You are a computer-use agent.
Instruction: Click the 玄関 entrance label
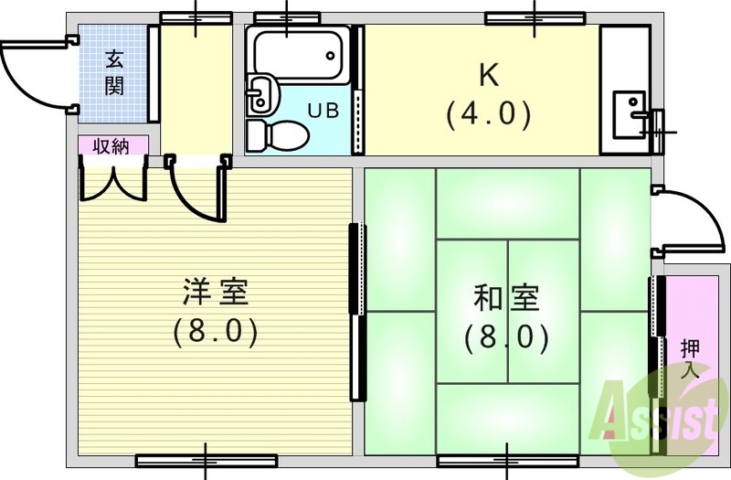tap(114, 73)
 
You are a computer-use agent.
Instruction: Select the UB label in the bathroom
tap(322, 112)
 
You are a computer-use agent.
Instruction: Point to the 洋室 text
tap(216, 294)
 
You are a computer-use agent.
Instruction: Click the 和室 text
tap(506, 299)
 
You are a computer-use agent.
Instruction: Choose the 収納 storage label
tap(110, 146)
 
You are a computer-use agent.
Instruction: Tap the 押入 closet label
tap(690, 358)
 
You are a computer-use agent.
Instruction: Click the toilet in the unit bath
tap(279, 134)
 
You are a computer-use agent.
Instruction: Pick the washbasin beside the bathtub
tap(260, 92)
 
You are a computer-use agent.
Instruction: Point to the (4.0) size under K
tap(488, 113)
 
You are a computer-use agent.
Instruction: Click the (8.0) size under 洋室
tap(216, 331)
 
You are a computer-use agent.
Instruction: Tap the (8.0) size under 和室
tap(506, 338)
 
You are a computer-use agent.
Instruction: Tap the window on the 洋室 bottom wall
tap(206, 460)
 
